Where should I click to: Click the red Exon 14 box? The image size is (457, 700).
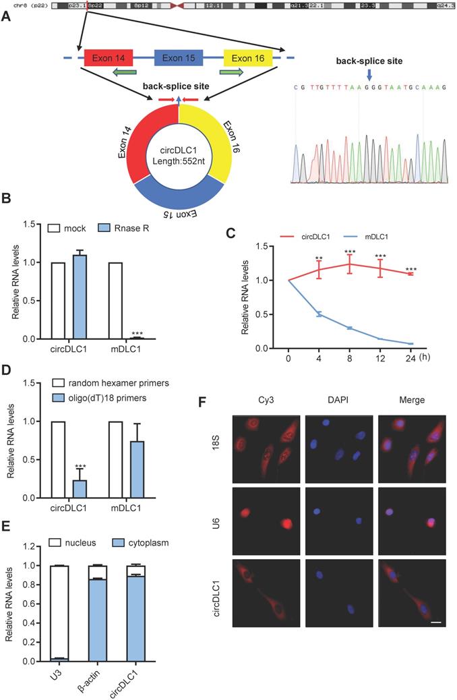click(109, 57)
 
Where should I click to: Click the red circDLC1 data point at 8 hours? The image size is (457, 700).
click(349, 264)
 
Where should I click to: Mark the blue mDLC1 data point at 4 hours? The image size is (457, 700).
click(319, 314)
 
